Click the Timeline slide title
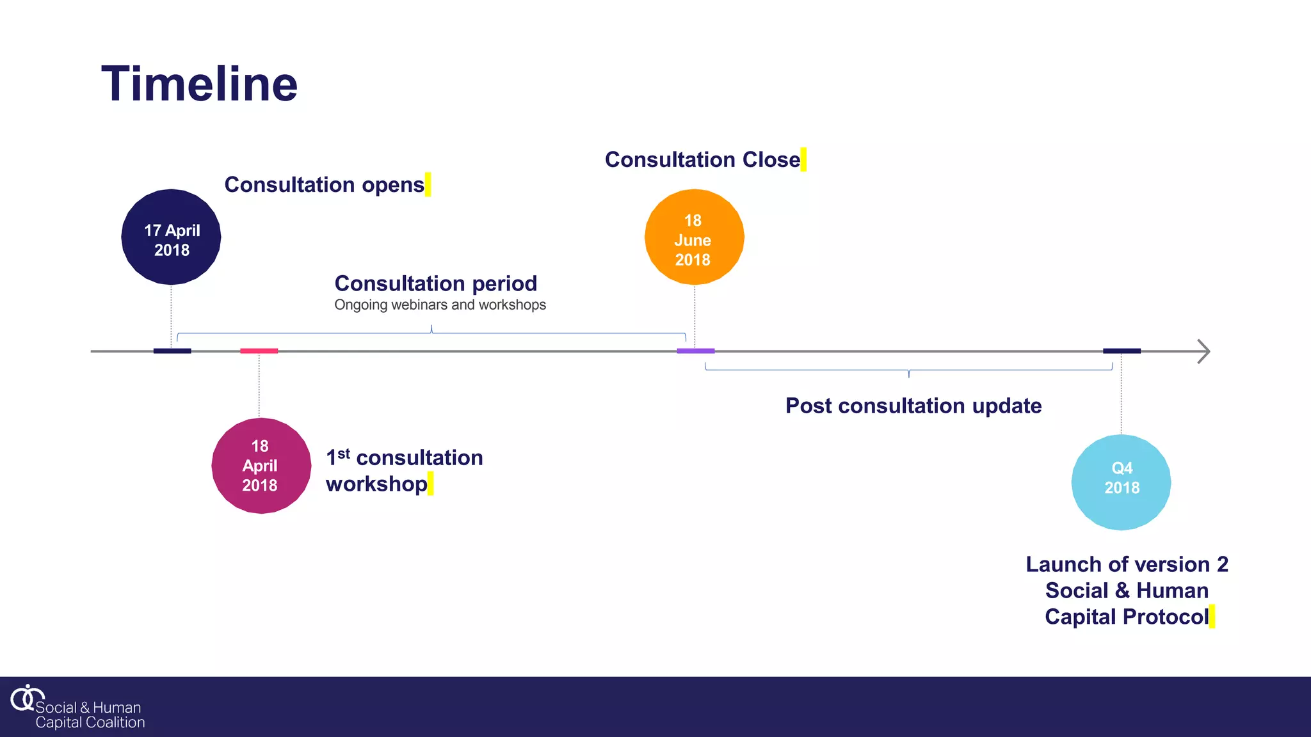point(199,84)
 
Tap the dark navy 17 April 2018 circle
point(171,237)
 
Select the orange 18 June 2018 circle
point(694,237)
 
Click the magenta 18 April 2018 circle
point(261,466)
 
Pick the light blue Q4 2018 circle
point(1121,482)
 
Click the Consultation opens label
point(324,185)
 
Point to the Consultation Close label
point(702,159)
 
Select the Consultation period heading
point(435,283)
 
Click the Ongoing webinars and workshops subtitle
point(440,305)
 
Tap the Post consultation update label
point(913,406)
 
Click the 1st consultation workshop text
point(404,471)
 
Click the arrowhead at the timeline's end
point(1203,351)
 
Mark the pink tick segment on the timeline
point(259,351)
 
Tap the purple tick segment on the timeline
point(696,351)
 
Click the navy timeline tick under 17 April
point(172,351)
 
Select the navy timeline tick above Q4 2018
point(1122,351)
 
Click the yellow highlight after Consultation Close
point(803,159)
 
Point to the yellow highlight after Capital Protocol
point(1212,617)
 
